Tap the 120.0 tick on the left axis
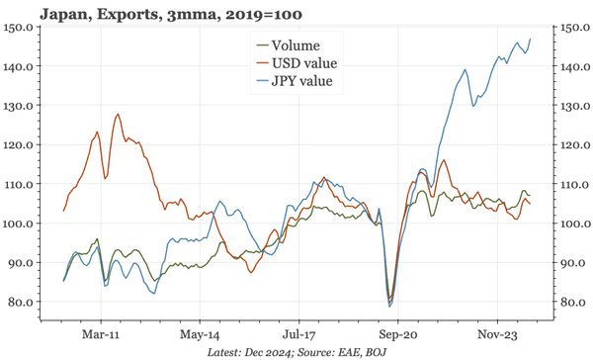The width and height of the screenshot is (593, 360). point(22,144)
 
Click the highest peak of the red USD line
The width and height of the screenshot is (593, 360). point(118,114)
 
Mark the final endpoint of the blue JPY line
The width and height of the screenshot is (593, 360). point(531,39)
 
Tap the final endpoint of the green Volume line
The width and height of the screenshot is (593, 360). point(530,195)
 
